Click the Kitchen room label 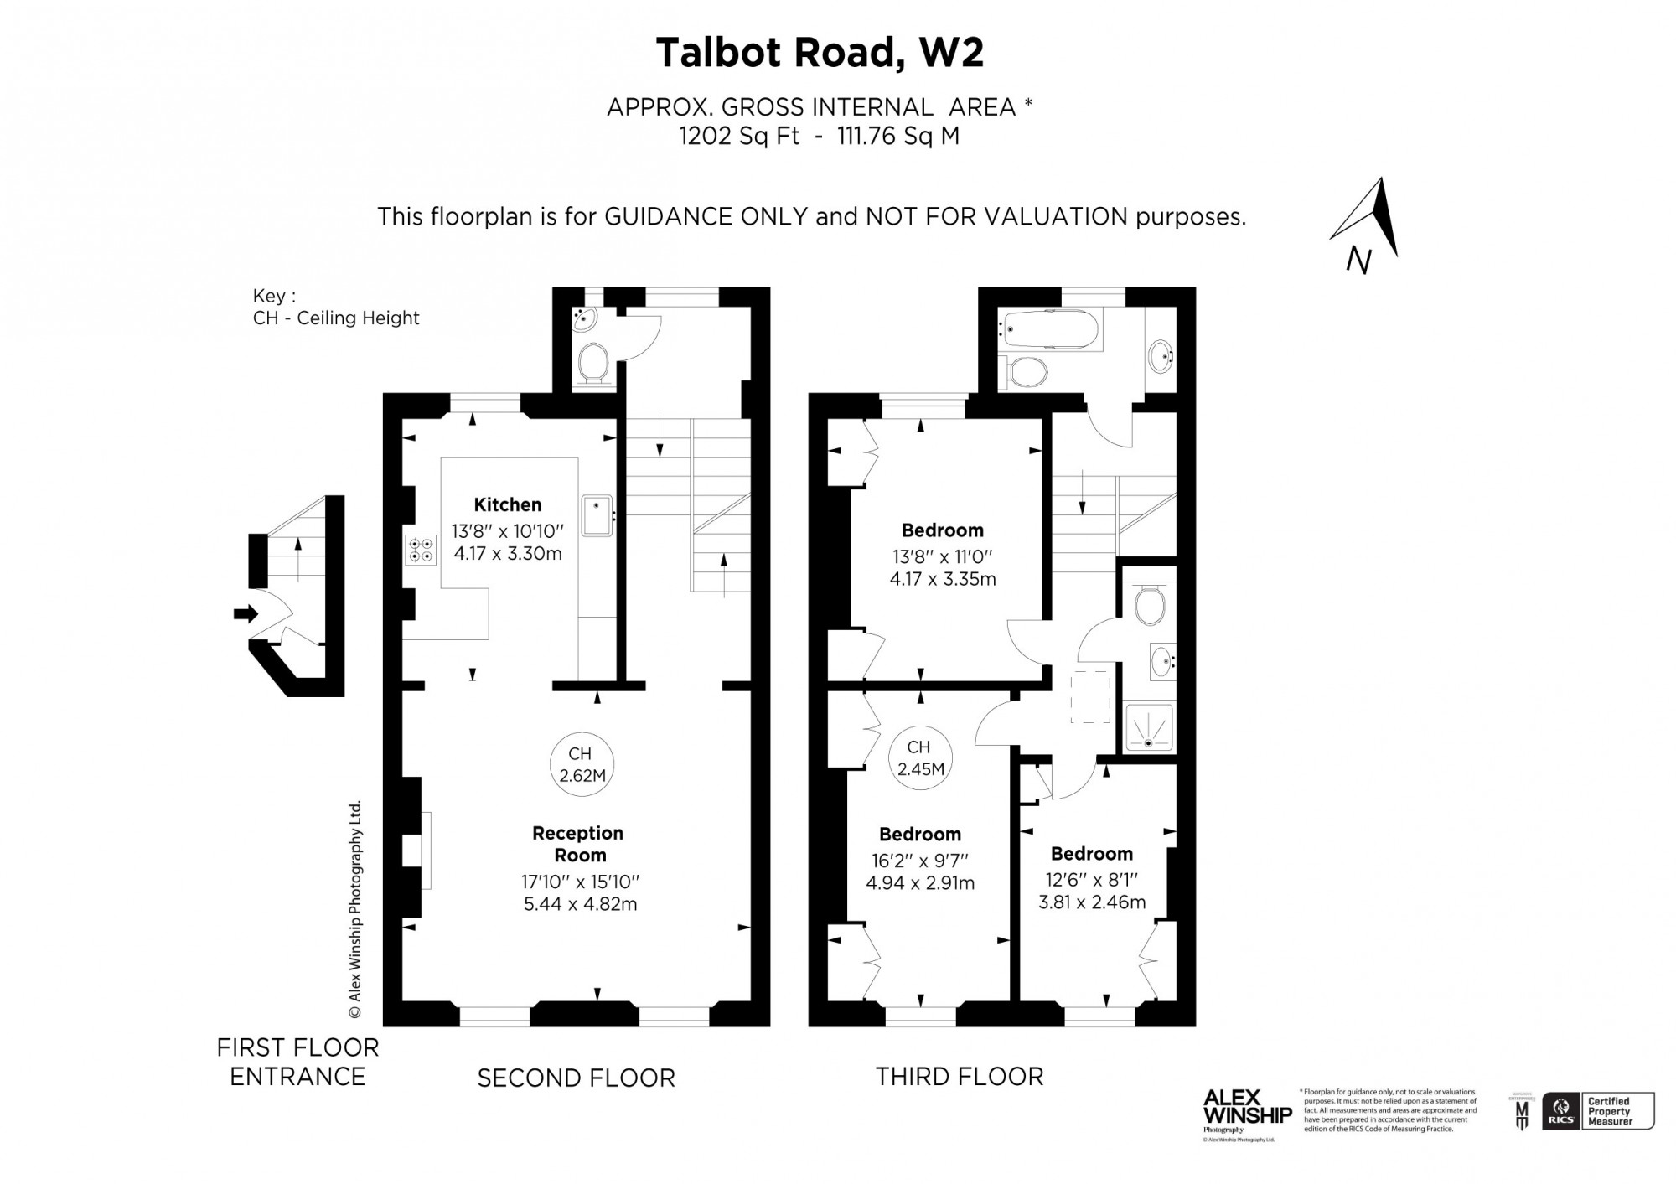tap(507, 504)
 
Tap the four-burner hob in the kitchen tap(421, 550)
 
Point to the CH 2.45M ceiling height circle tap(920, 757)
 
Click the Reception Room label tap(578, 844)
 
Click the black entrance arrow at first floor tap(246, 614)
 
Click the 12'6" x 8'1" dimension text tap(1091, 880)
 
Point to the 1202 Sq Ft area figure tap(738, 136)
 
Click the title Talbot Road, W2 tap(819, 52)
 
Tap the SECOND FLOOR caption tap(576, 1078)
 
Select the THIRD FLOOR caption tap(960, 1076)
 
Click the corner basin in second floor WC tap(583, 318)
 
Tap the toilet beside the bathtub tap(1026, 371)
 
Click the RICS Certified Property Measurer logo tap(1597, 1111)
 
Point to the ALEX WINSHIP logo tap(1247, 1108)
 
